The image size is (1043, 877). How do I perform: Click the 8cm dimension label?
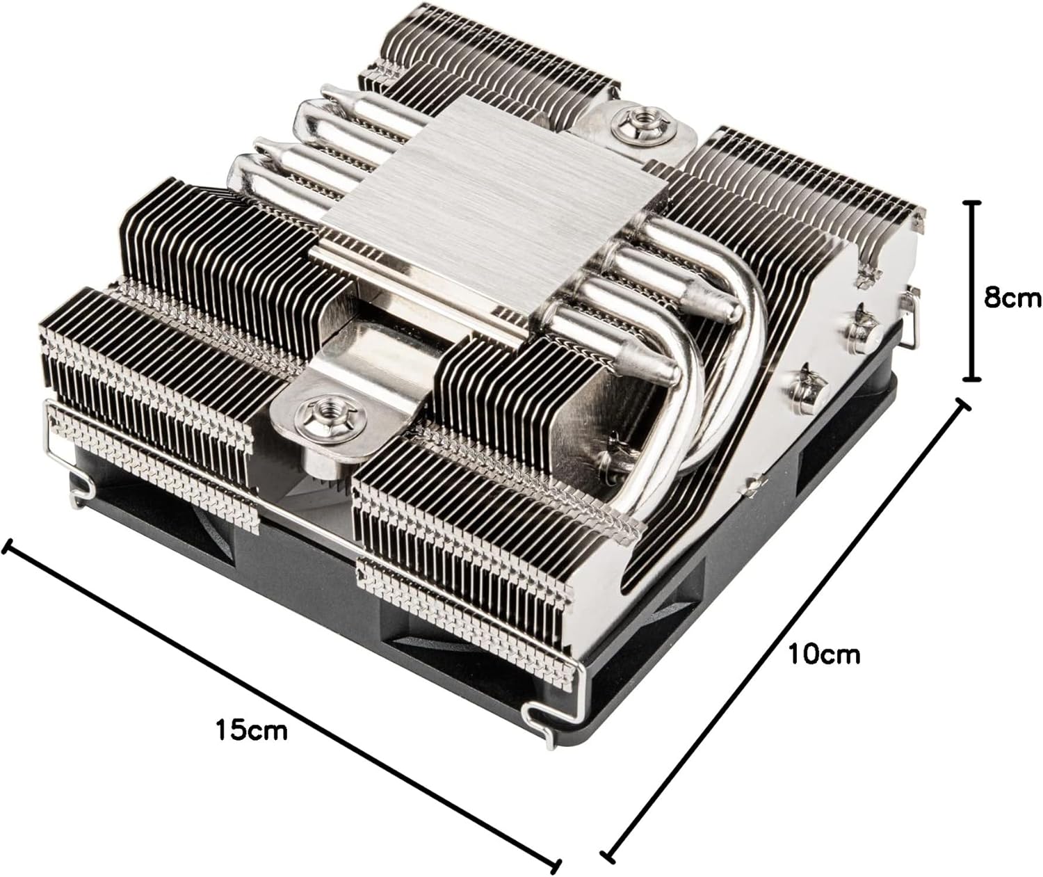1012,298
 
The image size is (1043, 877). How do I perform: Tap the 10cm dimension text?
824,654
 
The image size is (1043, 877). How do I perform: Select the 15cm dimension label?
252,730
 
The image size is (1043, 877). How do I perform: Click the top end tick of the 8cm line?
971,203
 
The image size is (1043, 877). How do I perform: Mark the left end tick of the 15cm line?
6,547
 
